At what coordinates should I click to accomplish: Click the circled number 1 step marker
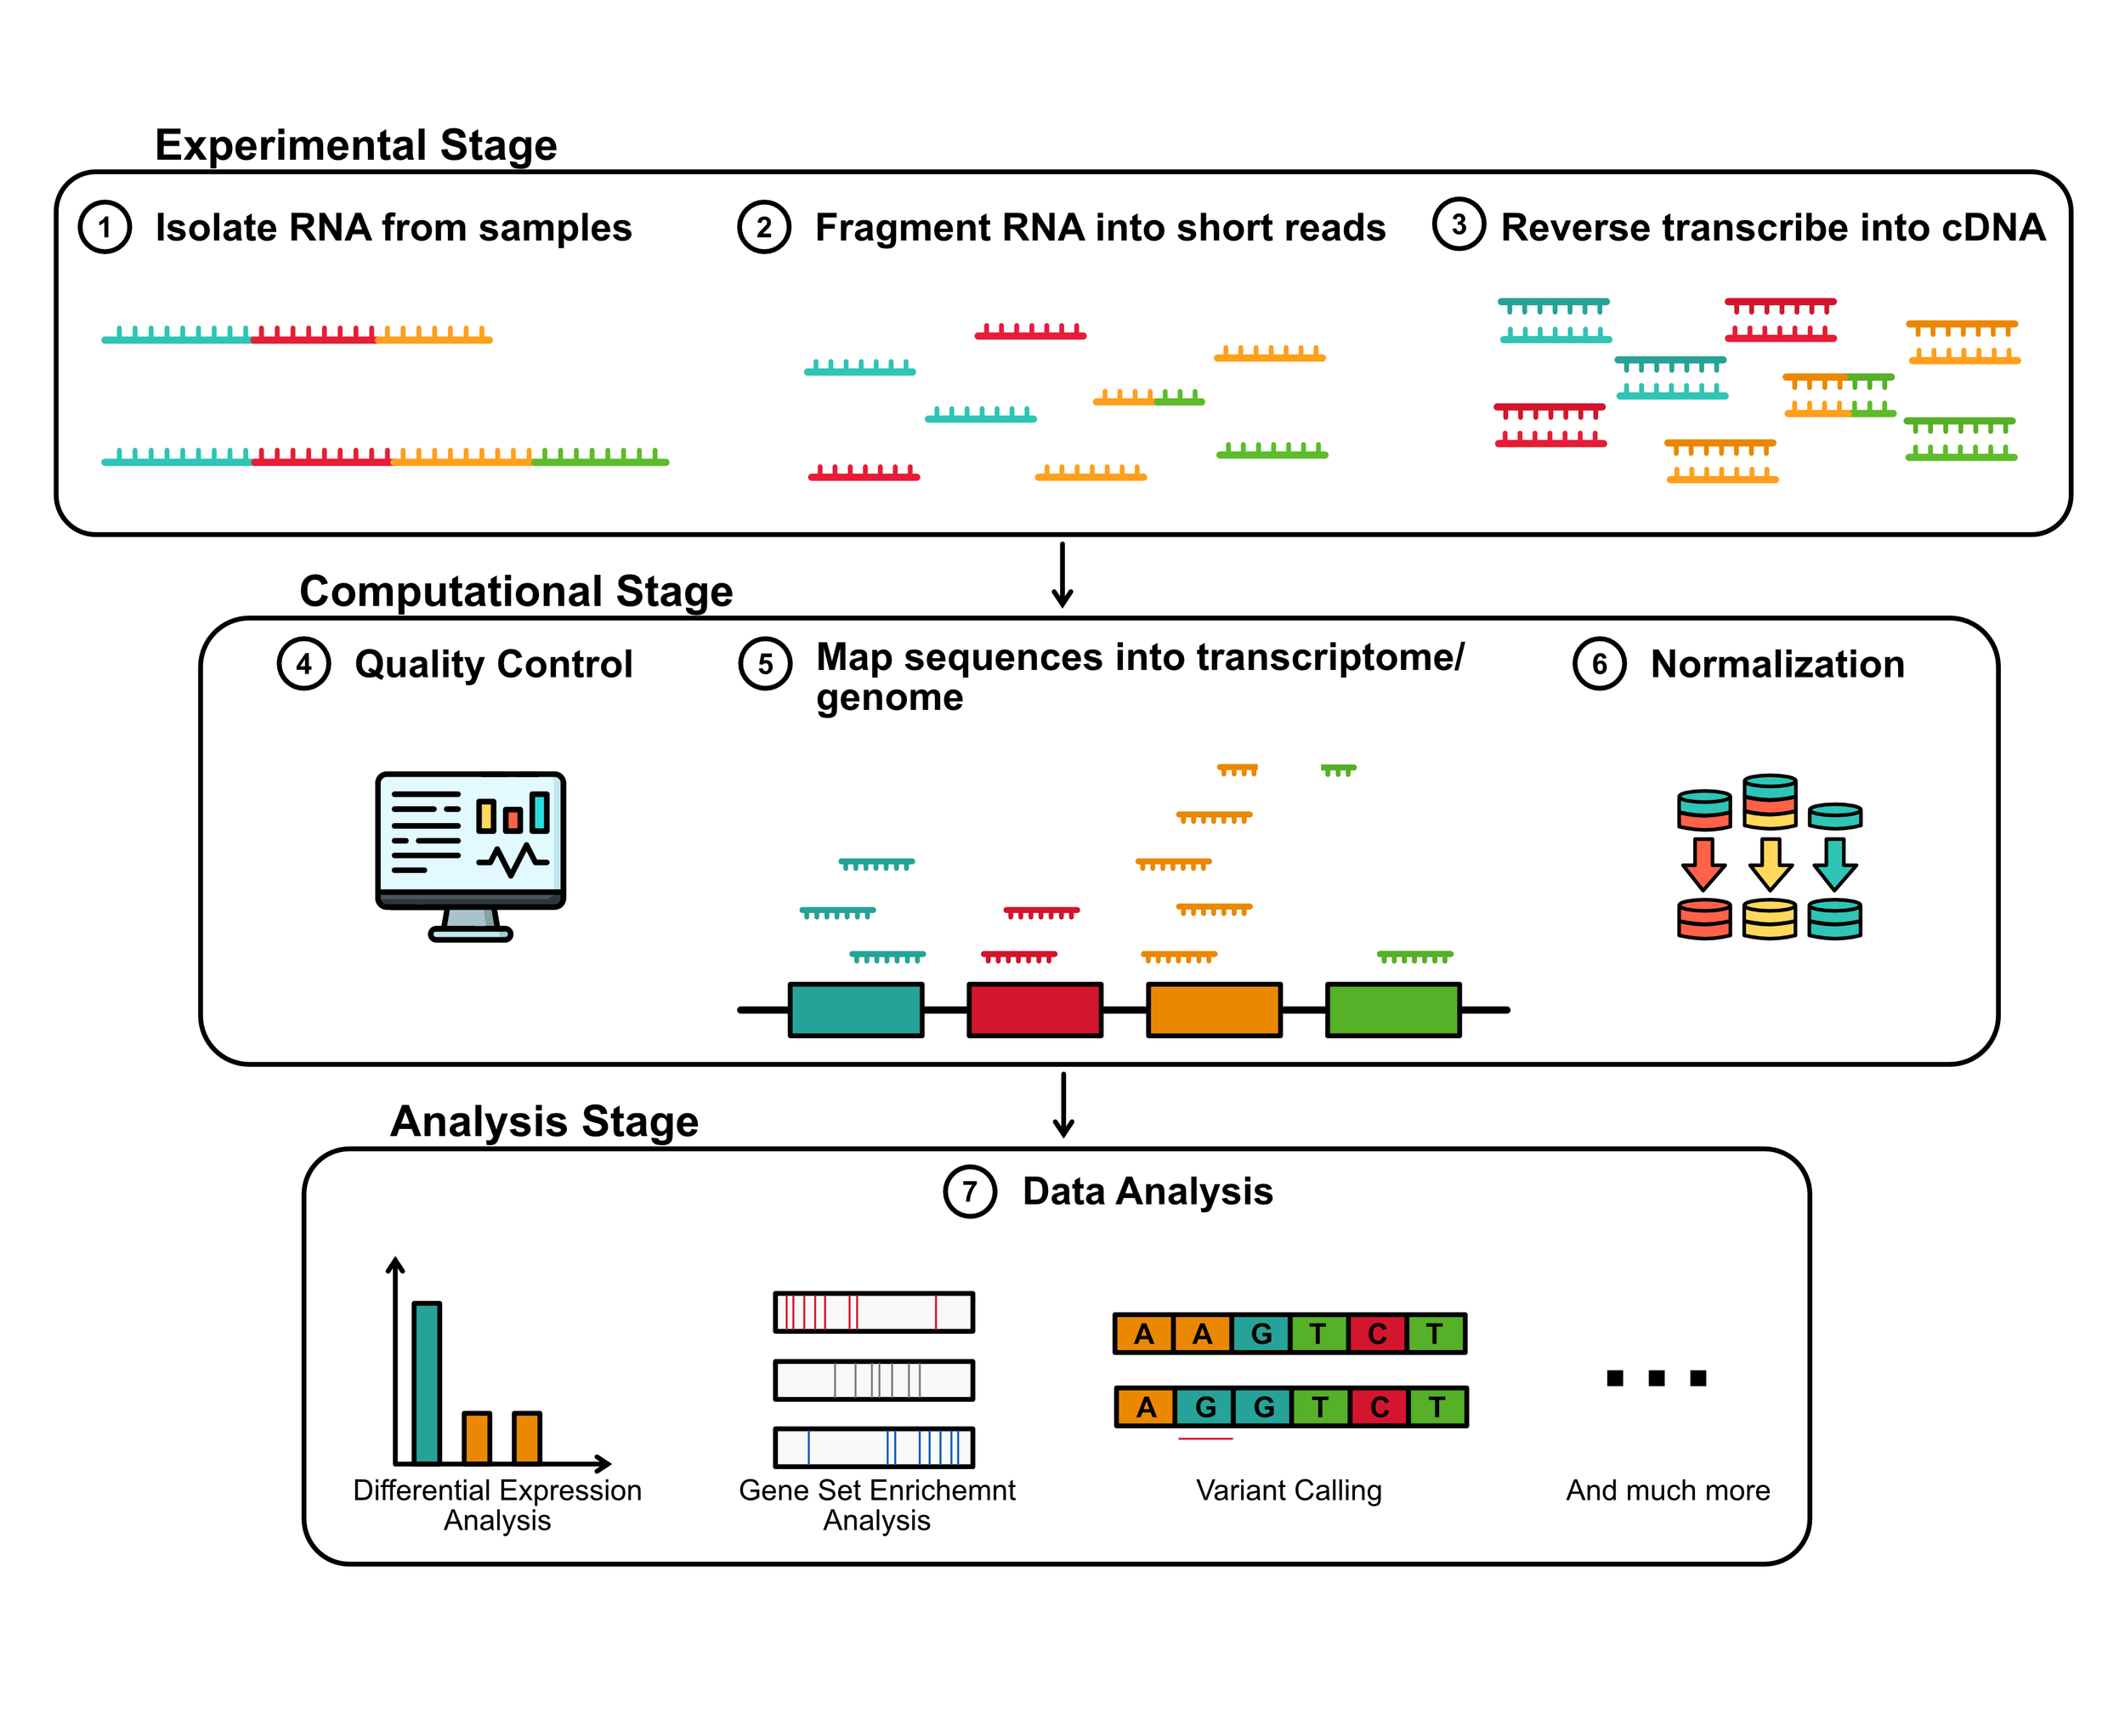pyautogui.click(x=105, y=227)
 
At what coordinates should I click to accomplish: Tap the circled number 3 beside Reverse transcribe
pyautogui.click(x=1458, y=224)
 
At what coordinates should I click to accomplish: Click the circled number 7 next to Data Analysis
pyautogui.click(x=969, y=1191)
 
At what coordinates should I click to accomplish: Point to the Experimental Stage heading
pyautogui.click(x=355, y=145)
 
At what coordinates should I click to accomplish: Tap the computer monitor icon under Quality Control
pyautogui.click(x=470, y=854)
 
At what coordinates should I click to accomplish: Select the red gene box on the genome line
pyautogui.click(x=1034, y=1009)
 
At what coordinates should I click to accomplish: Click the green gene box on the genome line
pyautogui.click(x=1391, y=1009)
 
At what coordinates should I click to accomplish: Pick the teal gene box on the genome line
pyautogui.click(x=855, y=1009)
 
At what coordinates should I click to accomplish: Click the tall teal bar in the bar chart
pyautogui.click(x=427, y=1382)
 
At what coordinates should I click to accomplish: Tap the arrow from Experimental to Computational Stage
pyautogui.click(x=1062, y=575)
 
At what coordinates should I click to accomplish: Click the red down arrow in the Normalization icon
pyautogui.click(x=1703, y=863)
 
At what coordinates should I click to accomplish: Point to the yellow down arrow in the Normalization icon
pyautogui.click(x=1770, y=863)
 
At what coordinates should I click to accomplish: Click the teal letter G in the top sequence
pyautogui.click(x=1261, y=1333)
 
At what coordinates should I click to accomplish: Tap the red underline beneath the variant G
pyautogui.click(x=1205, y=1439)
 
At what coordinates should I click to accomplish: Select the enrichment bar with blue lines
pyautogui.click(x=874, y=1447)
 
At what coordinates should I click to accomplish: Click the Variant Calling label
pyautogui.click(x=1288, y=1490)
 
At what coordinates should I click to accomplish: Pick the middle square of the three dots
pyautogui.click(x=1656, y=1377)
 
